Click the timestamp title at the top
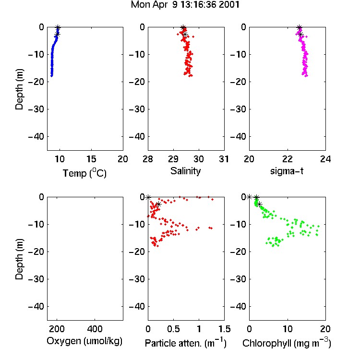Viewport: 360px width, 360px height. pyautogui.click(x=185, y=5)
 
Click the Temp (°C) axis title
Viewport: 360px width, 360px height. pyautogui.click(x=84, y=173)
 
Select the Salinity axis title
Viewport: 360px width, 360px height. pyautogui.click(x=185, y=171)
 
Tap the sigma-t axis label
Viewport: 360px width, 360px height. pyautogui.click(x=287, y=171)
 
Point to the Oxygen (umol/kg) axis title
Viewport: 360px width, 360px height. pyautogui.click(x=84, y=341)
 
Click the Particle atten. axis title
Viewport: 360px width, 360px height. pyautogui.click(x=186, y=343)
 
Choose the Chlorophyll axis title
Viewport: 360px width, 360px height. pyautogui.click(x=287, y=343)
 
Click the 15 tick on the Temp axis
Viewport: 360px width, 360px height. pyautogui.click(x=91, y=159)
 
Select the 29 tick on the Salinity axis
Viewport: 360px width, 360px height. pyautogui.click(x=173, y=159)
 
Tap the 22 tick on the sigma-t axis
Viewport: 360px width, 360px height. pyautogui.click(x=288, y=159)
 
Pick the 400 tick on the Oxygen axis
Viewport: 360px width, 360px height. pyautogui.click(x=95, y=329)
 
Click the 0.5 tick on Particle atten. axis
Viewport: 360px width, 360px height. pyautogui.click(x=173, y=329)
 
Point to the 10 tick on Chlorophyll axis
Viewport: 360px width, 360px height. pyautogui.click(x=288, y=329)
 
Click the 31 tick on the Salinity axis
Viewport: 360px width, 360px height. pyautogui.click(x=224, y=159)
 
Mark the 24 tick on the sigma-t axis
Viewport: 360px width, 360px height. pyautogui.click(x=325, y=159)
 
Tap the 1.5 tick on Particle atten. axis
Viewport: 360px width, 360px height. pyautogui.click(x=224, y=329)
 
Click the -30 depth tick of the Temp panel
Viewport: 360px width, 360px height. pyautogui.click(x=36, y=109)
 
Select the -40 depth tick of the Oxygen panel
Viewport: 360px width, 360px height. pyautogui.click(x=36, y=306)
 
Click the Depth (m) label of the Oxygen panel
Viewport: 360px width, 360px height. pyautogui.click(x=19, y=259)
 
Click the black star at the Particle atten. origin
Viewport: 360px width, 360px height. pyautogui.click(x=148, y=197)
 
